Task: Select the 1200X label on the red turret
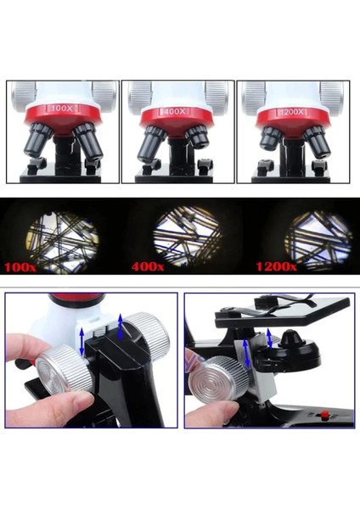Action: tap(291, 112)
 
